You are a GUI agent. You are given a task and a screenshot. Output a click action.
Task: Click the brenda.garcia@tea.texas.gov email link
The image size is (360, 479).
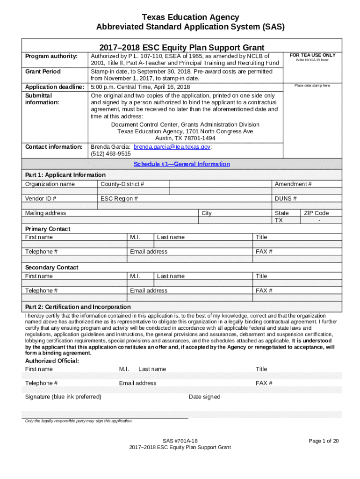click(x=172, y=147)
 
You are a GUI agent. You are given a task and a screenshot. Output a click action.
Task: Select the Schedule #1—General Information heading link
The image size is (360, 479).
click(x=181, y=164)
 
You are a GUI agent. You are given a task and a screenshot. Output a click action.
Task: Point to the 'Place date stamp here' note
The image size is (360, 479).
click(x=312, y=86)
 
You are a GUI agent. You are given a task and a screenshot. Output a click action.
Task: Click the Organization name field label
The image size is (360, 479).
click(x=50, y=184)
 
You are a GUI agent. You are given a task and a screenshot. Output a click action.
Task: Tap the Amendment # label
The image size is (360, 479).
click(x=293, y=184)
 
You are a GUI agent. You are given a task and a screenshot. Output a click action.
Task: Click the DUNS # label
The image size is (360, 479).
click(x=286, y=199)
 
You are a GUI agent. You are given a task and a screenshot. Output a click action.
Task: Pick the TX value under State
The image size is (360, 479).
click(x=279, y=220)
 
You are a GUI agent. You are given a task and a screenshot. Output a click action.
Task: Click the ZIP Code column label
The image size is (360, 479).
click(x=317, y=213)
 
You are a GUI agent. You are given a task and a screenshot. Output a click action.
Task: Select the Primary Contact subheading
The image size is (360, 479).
click(x=48, y=229)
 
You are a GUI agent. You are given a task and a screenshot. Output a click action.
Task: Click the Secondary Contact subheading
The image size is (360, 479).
click(x=51, y=268)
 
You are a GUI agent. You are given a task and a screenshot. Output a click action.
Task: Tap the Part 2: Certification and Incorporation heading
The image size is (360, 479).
click(x=78, y=307)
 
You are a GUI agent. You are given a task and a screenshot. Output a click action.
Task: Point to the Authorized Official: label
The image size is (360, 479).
click(x=51, y=361)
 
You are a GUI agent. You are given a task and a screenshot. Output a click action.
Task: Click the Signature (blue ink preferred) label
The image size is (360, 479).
click(x=63, y=397)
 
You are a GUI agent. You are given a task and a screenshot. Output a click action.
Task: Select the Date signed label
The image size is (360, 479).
click(x=204, y=397)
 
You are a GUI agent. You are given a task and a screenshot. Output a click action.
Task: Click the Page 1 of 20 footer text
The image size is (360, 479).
click(x=324, y=441)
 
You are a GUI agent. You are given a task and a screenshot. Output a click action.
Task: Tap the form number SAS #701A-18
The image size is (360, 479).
click(x=180, y=441)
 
